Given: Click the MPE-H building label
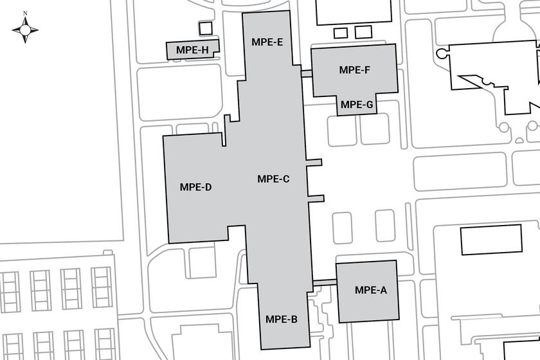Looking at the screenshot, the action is (192, 50).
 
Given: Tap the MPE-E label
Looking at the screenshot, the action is (267, 42).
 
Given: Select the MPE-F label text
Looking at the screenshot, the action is (354, 70).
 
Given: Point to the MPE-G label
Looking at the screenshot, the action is (357, 104).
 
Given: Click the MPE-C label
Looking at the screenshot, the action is (273, 179).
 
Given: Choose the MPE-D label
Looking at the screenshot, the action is (195, 187).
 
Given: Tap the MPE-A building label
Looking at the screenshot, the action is (371, 290).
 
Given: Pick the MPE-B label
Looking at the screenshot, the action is (282, 319).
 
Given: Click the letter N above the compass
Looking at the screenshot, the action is (25, 14).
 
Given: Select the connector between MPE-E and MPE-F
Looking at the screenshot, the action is (307, 73).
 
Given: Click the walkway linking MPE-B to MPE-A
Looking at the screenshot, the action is (325, 282).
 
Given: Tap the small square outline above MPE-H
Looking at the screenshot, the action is (206, 28).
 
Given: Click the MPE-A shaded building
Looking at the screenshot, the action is (368, 291).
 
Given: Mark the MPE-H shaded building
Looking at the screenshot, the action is (192, 50).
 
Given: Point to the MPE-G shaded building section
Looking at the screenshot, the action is (357, 104).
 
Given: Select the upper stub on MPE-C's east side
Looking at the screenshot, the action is (314, 162).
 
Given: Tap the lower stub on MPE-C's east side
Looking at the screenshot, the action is (316, 199).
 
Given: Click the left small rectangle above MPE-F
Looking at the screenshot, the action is (341, 33).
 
